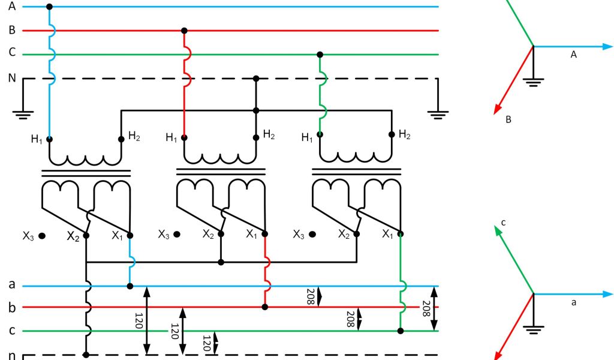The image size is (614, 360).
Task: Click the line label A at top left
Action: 11,7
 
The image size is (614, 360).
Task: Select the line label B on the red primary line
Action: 11,30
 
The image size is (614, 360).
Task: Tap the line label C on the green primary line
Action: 11,53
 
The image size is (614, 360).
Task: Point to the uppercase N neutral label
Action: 11,78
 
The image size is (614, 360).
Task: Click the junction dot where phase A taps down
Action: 49,7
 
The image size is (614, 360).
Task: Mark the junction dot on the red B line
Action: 184,31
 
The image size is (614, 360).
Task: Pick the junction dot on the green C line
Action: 320,55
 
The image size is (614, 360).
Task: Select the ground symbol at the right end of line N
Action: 438,113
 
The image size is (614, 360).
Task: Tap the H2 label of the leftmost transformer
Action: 134,136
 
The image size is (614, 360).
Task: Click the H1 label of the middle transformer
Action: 171,138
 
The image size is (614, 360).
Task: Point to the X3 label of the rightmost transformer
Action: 299,235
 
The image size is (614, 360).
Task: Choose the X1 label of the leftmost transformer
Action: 118,235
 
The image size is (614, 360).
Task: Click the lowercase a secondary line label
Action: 11,284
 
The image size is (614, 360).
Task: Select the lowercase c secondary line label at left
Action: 11,330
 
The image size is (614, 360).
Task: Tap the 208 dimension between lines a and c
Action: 426,308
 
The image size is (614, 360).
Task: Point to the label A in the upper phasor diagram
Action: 573,55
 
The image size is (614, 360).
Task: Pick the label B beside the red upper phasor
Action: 508,120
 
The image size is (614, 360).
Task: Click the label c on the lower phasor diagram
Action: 504,223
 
